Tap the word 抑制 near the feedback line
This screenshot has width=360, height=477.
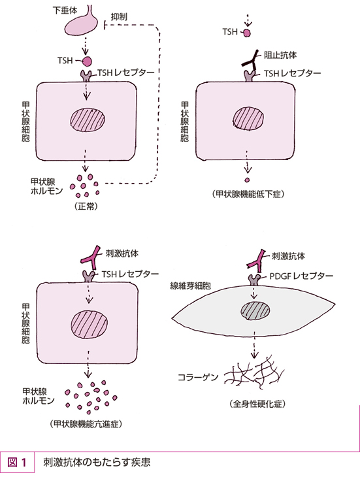click(119, 17)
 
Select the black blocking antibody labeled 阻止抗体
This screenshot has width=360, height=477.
click(251, 60)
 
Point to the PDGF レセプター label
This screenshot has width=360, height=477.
click(301, 276)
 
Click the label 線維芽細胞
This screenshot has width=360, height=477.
click(190, 286)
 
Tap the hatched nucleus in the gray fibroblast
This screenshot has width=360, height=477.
click(255, 311)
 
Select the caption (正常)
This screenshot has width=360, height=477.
click(86, 206)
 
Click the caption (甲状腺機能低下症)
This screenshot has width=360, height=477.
click(248, 194)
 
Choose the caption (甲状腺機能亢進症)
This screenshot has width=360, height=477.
click(86, 424)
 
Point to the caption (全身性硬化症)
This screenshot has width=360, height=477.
click(257, 404)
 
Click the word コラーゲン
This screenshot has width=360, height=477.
click(198, 377)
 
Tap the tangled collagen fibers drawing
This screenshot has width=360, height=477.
click(254, 372)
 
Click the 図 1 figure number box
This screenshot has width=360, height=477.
click(18, 463)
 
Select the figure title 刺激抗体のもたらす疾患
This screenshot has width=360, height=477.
click(97, 463)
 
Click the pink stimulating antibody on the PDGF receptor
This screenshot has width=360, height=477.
click(255, 261)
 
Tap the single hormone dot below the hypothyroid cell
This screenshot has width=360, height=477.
click(247, 180)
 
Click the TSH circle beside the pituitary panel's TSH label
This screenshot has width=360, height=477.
click(87, 61)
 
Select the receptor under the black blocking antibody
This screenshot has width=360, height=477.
click(250, 76)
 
